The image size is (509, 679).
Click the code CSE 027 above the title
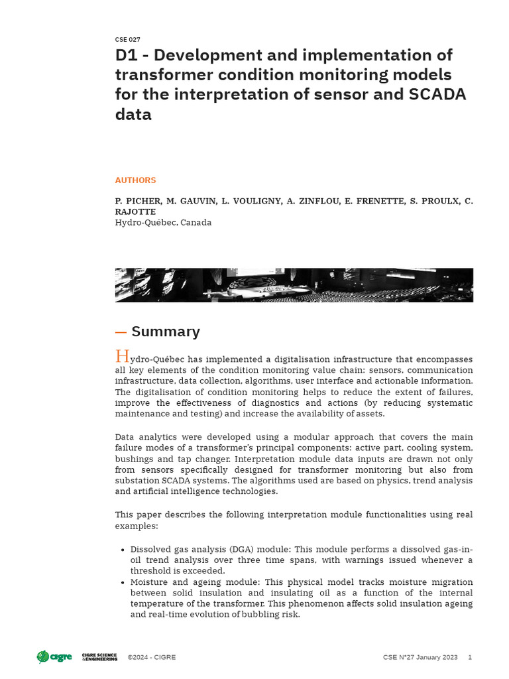[x=127, y=40]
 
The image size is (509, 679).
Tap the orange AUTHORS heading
[x=136, y=180]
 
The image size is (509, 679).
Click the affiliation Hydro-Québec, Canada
[x=163, y=223]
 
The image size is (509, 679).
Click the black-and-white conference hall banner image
[x=294, y=285]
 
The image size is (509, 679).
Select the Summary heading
[x=166, y=332]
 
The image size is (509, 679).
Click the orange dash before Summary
[x=121, y=332]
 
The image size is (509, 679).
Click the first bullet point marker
[x=123, y=550]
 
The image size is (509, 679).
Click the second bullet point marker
[x=123, y=583]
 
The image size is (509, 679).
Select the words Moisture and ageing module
[x=187, y=582]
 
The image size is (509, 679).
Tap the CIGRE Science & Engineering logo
[x=99, y=657]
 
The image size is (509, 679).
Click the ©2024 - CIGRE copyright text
[x=152, y=658]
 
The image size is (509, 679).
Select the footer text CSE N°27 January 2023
[x=420, y=658]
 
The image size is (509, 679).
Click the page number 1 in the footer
[x=470, y=658]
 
